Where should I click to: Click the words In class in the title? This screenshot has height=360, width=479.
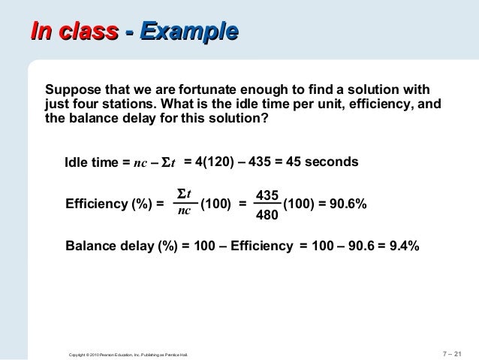pos(74,32)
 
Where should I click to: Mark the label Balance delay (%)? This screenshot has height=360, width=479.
pos(122,246)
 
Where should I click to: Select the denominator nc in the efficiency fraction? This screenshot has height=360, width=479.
pos(183,213)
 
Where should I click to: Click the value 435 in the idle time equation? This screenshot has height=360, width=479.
pos(258,162)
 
